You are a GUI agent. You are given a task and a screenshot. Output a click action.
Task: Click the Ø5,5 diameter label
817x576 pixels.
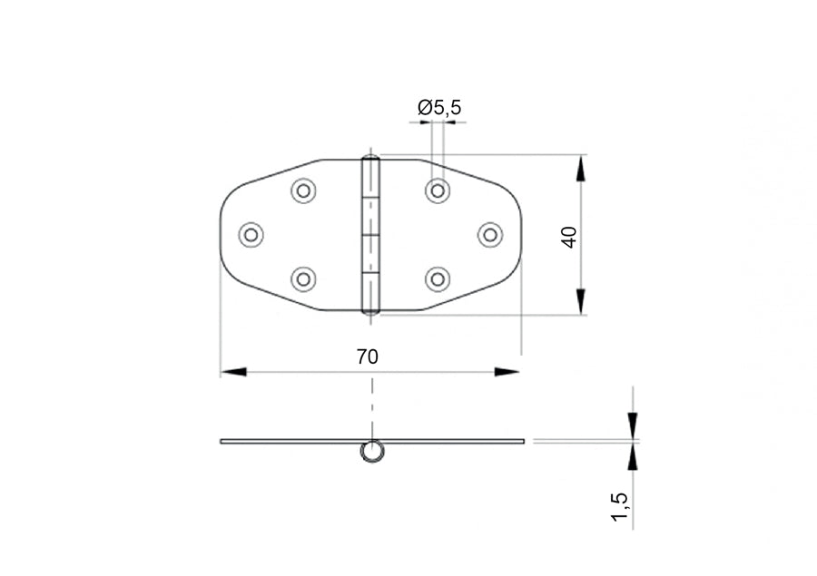tap(439, 108)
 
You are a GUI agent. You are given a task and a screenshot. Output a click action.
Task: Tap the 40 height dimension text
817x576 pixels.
tap(569, 238)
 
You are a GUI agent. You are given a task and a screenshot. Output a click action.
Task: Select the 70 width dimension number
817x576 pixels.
tap(367, 356)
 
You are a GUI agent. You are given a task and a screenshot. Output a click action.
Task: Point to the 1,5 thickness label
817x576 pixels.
tap(620, 506)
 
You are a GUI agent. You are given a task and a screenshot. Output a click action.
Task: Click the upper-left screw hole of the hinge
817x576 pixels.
tap(303, 190)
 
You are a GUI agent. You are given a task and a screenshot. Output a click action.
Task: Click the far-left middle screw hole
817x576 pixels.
tap(251, 234)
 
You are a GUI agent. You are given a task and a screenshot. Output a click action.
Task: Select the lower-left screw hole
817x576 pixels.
tap(303, 278)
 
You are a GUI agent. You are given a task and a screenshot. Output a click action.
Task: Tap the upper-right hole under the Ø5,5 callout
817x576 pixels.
tap(438, 190)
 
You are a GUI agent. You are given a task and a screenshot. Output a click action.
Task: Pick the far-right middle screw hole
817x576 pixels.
tap(490, 234)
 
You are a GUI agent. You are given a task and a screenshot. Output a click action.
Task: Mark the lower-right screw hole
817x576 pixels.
tap(438, 278)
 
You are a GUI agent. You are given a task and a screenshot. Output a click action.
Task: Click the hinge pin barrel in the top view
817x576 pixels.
tap(370, 235)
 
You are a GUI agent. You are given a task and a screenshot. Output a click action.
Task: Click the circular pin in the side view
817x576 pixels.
tap(370, 452)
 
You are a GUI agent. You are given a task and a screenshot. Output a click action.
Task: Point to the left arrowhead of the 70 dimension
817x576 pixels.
tap(232, 371)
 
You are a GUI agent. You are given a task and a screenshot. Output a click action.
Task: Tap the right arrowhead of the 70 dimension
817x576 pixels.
tap(507, 371)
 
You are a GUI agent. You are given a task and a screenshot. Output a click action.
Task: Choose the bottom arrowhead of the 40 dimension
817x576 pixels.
tap(582, 301)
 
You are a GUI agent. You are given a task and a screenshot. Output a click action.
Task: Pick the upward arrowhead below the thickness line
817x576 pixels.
tap(632, 457)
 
